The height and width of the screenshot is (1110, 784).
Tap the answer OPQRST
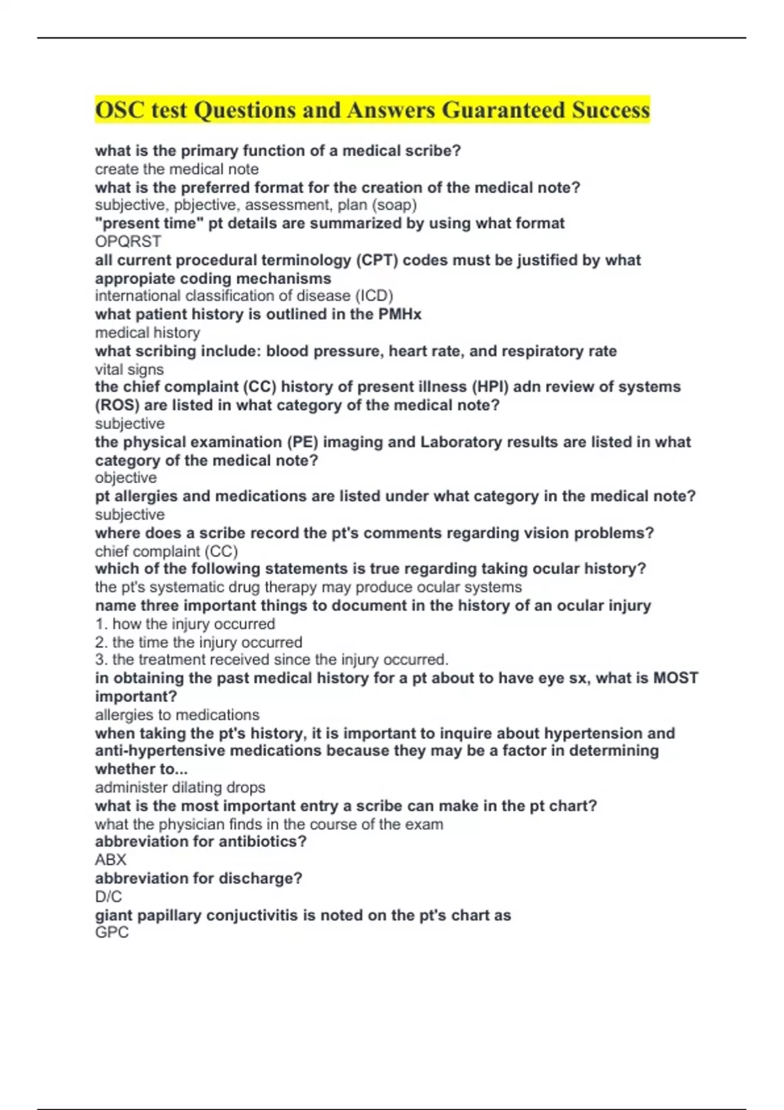click(128, 242)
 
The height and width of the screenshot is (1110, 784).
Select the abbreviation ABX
click(110, 860)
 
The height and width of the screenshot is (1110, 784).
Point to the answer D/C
click(108, 896)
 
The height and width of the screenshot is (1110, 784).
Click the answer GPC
click(112, 932)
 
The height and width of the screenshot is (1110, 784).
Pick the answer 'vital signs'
click(129, 370)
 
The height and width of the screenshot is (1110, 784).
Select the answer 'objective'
click(125, 478)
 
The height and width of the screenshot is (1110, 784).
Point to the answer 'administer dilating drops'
click(180, 787)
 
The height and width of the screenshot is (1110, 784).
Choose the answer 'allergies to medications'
click(177, 715)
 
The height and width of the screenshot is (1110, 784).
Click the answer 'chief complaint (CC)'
click(166, 551)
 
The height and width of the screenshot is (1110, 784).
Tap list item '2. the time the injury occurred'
click(199, 642)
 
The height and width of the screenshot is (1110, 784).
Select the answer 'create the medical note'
click(176, 169)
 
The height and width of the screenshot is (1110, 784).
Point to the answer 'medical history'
click(148, 333)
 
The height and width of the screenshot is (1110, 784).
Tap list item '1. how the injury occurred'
click(185, 624)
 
